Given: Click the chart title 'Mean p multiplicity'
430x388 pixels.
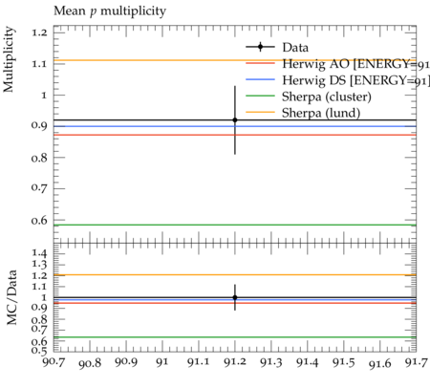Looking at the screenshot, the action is tap(110, 11).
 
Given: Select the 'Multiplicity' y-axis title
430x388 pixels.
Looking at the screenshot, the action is tap(9, 59).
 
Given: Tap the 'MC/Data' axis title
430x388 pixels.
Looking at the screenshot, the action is tap(11, 297).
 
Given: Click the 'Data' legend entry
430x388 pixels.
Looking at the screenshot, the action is tap(277, 47).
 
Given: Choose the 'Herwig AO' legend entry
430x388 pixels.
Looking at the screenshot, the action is tap(337, 64).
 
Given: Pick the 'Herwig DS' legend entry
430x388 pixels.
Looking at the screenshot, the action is tap(337, 80).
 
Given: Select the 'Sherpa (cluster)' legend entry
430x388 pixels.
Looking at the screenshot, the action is tap(309, 97).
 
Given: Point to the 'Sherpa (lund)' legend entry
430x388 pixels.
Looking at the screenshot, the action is tap(303, 113).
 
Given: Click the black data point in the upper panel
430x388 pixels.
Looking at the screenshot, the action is tap(235, 120).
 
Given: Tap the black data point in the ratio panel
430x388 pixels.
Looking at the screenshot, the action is tap(235, 297).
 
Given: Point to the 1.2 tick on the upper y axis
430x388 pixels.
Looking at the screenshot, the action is tap(39, 32).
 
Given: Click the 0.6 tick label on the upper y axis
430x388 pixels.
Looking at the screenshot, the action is tap(39, 220).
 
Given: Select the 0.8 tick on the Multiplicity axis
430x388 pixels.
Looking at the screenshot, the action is tap(39, 158).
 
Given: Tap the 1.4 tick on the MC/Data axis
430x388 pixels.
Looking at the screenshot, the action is tap(39, 253).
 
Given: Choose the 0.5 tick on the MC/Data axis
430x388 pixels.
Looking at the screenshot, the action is tap(39, 351).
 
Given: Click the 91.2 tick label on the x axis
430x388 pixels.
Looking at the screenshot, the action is tap(235, 362).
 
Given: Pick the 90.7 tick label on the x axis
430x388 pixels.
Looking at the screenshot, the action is tap(54, 362).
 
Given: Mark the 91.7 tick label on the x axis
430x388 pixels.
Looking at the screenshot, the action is tap(416, 362).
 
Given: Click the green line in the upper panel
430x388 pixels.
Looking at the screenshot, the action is tap(235, 225).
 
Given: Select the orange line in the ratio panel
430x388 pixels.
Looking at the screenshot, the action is tap(235, 274).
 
